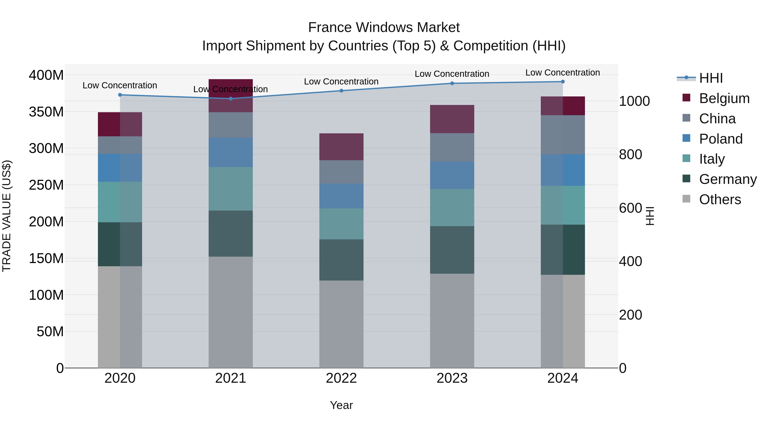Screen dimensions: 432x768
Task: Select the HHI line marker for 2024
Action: coord(563,82)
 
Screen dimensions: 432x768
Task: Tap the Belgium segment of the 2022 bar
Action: coord(341,147)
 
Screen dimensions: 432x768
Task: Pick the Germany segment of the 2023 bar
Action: coord(452,250)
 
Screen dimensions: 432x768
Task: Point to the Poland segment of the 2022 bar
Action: coord(341,196)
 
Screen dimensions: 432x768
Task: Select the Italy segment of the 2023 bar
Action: coord(452,208)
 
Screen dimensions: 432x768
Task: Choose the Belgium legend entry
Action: coord(724,98)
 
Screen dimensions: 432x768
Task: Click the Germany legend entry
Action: coord(727,179)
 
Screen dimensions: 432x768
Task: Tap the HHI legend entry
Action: coord(711,78)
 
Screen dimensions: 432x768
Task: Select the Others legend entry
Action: coord(720,199)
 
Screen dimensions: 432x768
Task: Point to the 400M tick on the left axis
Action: coord(46,75)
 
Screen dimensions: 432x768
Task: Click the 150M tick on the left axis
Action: coord(46,258)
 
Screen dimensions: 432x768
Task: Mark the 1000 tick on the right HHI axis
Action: coord(634,101)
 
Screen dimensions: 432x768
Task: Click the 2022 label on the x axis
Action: coord(341,378)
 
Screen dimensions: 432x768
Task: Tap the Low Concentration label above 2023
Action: coord(452,74)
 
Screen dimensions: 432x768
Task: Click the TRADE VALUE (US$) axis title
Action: coord(7,216)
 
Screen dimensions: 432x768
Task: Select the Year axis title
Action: coord(341,405)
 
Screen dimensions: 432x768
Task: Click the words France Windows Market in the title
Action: coord(384,28)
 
